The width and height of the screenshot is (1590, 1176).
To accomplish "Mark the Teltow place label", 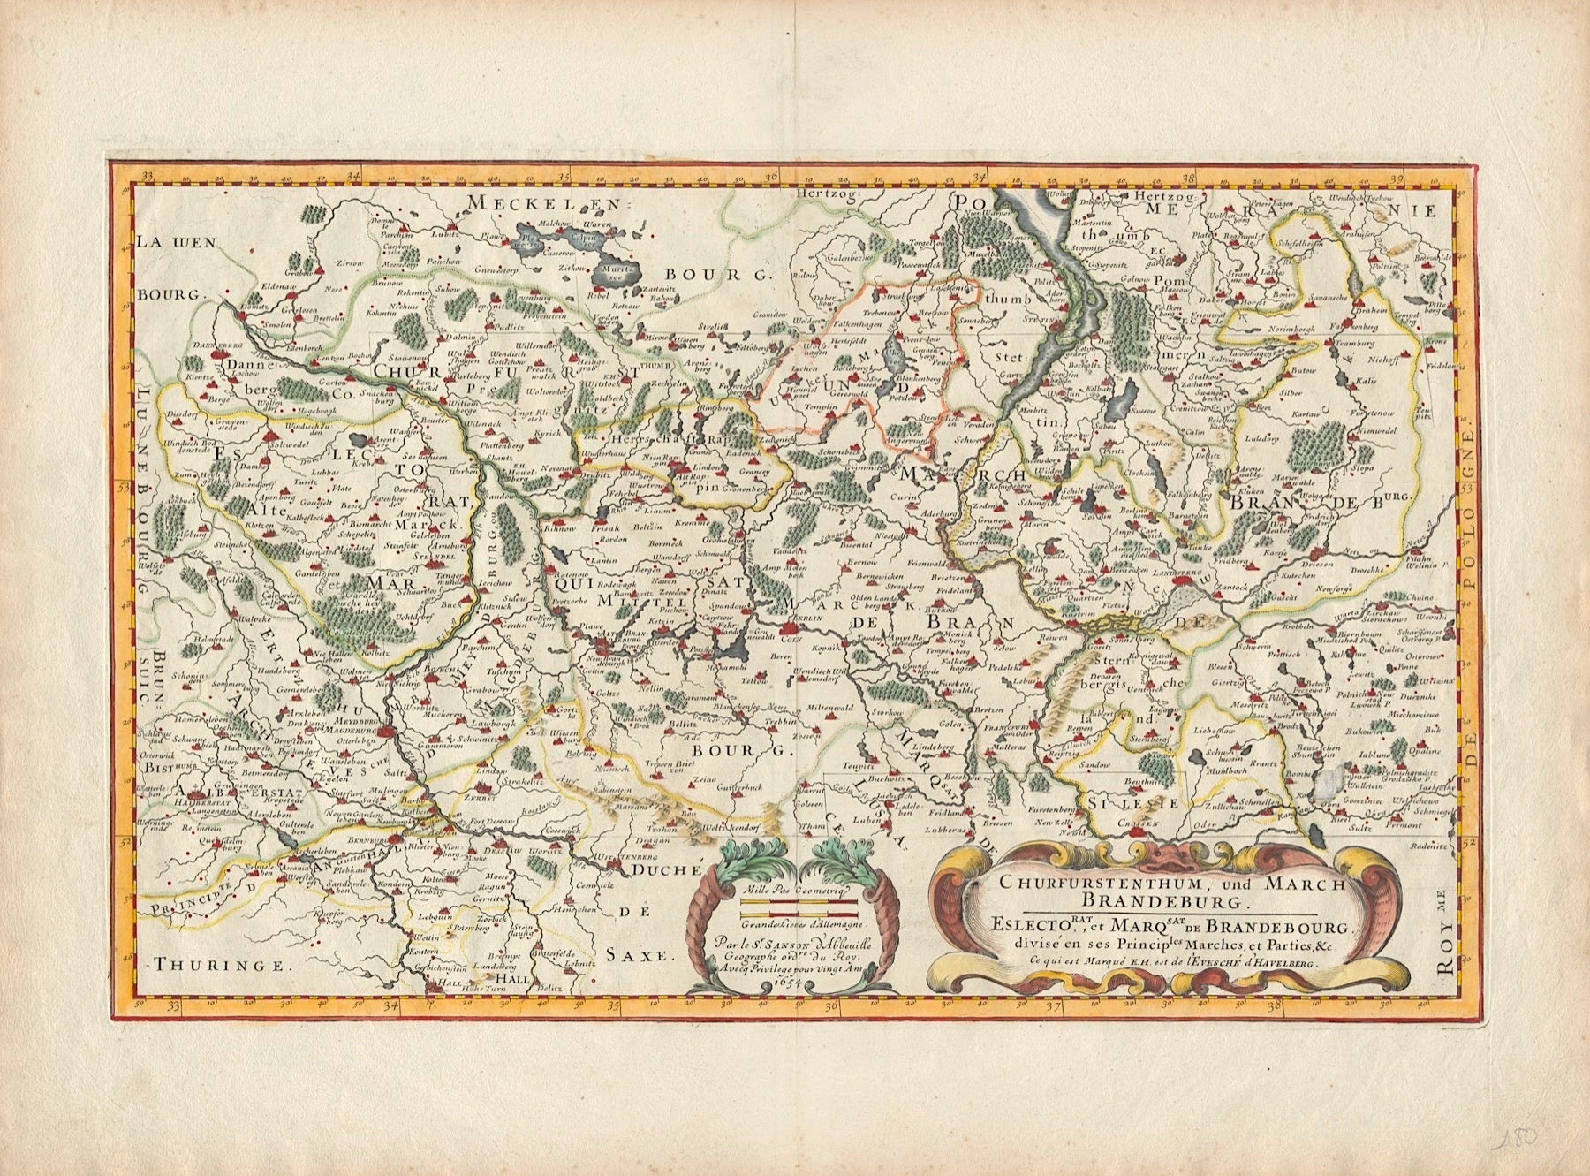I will pyautogui.click(x=730, y=681).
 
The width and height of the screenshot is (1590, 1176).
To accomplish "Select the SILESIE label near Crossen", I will pyautogui.click(x=1133, y=802).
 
